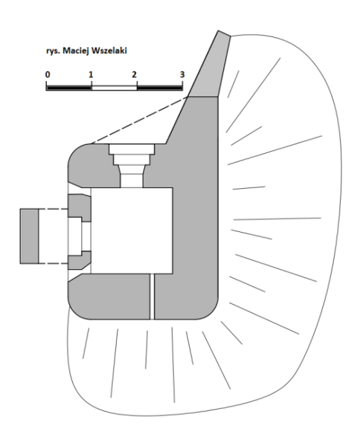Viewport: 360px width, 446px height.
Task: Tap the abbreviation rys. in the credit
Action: click(53, 52)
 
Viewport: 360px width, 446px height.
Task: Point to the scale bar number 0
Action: click(48, 74)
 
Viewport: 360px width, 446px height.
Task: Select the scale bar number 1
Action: click(91, 74)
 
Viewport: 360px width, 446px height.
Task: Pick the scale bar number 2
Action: click(134, 74)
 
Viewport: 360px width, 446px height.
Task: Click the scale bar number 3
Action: click(182, 74)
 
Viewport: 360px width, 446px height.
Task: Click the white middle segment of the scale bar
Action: click(115, 87)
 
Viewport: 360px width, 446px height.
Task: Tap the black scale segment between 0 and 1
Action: click(69, 87)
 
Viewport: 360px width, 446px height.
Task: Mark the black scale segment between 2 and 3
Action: click(160, 87)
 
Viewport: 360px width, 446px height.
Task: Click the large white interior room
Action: click(132, 230)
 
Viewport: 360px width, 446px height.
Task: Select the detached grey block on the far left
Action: click(29, 236)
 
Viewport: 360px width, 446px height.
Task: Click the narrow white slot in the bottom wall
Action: click(152, 297)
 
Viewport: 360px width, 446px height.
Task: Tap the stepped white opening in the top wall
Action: click(132, 165)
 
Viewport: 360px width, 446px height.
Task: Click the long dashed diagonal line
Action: click(139, 120)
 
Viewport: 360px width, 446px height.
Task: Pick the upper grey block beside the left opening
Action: click(80, 207)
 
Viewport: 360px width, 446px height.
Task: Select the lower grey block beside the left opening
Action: click(80, 260)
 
